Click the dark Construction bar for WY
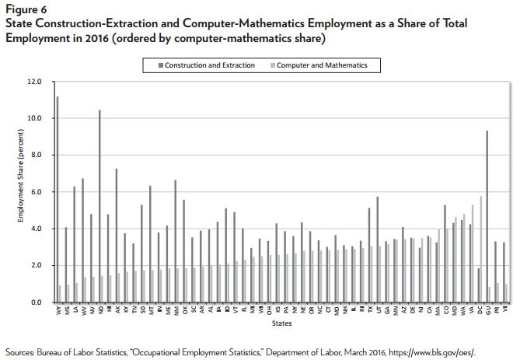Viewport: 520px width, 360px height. point(57,199)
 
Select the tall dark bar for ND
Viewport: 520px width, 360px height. point(99,206)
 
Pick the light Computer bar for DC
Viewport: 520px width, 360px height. point(482,249)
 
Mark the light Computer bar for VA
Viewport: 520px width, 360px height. point(473,253)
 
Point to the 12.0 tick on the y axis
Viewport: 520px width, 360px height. point(33,81)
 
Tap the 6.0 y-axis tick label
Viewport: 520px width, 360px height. point(35,191)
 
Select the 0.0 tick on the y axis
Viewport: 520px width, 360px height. point(35,302)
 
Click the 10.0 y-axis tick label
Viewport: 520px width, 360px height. point(33,118)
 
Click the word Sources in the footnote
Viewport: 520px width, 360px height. point(20,350)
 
